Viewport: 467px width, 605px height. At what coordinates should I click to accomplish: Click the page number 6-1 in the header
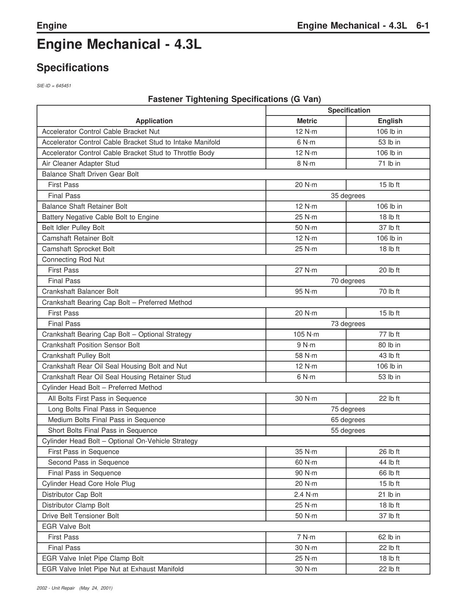pyautogui.click(x=422, y=26)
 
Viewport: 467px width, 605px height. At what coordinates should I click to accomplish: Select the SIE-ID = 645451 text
pyautogui.click(x=54, y=86)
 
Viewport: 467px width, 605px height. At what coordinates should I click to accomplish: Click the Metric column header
pyautogui.click(x=307, y=121)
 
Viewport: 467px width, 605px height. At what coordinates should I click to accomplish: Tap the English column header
pyautogui.click(x=390, y=121)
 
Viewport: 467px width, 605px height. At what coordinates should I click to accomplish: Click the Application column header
pyautogui.click(x=154, y=121)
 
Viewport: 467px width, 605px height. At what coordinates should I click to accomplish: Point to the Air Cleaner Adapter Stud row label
pyautogui.click(x=80, y=164)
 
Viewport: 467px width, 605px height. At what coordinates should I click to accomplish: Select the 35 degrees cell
pyautogui.click(x=348, y=196)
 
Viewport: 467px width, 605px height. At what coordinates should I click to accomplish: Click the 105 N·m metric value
pyautogui.click(x=306, y=334)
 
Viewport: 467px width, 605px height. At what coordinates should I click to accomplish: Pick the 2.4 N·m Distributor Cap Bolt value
pyautogui.click(x=306, y=495)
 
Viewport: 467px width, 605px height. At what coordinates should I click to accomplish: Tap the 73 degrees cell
pyautogui.click(x=348, y=324)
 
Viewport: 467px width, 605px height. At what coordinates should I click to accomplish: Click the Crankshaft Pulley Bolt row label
pyautogui.click(x=76, y=356)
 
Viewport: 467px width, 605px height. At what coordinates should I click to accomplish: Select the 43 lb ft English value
pyautogui.click(x=389, y=356)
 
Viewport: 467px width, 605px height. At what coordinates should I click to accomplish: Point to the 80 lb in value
pyautogui.click(x=389, y=345)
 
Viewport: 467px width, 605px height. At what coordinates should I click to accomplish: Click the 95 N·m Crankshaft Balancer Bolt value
pyautogui.click(x=306, y=291)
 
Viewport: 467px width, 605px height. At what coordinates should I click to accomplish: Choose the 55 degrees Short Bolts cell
pyautogui.click(x=348, y=430)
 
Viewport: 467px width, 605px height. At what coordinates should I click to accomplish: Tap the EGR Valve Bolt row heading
pyautogui.click(x=66, y=527)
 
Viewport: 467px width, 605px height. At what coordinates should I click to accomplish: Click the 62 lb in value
pyautogui.click(x=389, y=537)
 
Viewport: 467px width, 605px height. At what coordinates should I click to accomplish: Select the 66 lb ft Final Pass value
pyautogui.click(x=389, y=473)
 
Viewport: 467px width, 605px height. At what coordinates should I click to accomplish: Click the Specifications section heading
pyautogui.click(x=73, y=68)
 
